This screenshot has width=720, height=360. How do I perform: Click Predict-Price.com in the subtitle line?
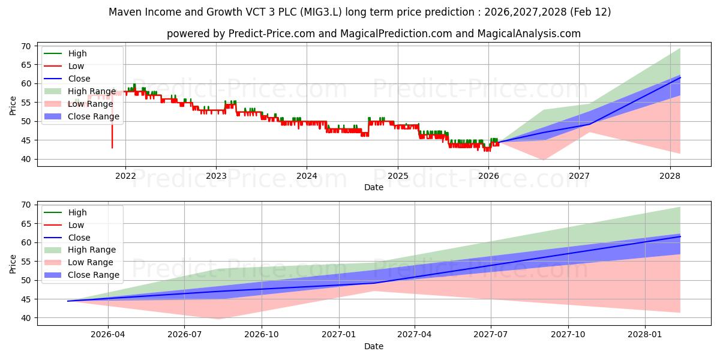(272, 34)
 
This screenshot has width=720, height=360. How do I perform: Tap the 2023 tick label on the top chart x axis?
(216, 176)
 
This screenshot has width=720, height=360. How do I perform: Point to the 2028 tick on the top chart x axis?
(670, 176)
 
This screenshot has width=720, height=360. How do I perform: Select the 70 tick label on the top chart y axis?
(25, 46)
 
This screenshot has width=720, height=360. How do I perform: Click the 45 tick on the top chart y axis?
(25, 140)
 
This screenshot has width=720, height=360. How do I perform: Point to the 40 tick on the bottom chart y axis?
(25, 318)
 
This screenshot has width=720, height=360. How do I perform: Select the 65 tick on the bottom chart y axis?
(25, 224)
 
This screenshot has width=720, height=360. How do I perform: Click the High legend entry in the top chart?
(77, 53)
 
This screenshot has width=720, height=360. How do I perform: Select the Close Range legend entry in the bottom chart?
(94, 275)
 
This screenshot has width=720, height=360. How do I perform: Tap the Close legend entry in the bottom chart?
(79, 238)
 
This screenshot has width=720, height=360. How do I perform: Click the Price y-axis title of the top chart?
(13, 106)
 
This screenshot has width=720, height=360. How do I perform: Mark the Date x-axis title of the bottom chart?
(374, 346)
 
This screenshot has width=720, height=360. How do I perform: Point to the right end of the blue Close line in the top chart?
(680, 78)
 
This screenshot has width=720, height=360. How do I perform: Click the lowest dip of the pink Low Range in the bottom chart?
(219, 319)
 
